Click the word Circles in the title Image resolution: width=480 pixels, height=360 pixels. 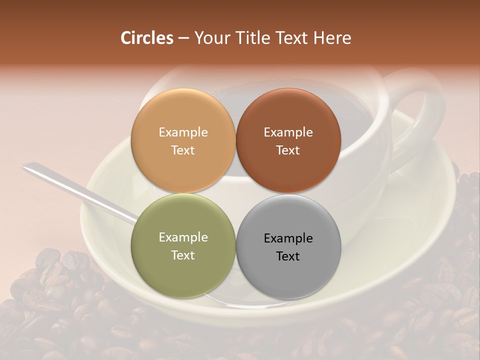(x=146, y=38)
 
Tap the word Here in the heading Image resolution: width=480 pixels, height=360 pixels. (x=332, y=38)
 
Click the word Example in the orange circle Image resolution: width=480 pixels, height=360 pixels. (x=183, y=132)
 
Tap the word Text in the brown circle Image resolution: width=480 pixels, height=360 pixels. (x=288, y=150)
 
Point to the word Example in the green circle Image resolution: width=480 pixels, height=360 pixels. (x=183, y=237)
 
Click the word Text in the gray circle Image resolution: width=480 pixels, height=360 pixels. (x=288, y=256)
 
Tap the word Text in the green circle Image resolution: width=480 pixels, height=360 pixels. (x=183, y=255)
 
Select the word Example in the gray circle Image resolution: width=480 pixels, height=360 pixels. (x=288, y=238)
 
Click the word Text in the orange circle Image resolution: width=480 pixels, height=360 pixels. (x=183, y=150)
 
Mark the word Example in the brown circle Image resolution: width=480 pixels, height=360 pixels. (x=288, y=132)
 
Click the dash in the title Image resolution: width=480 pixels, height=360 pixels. (x=183, y=38)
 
